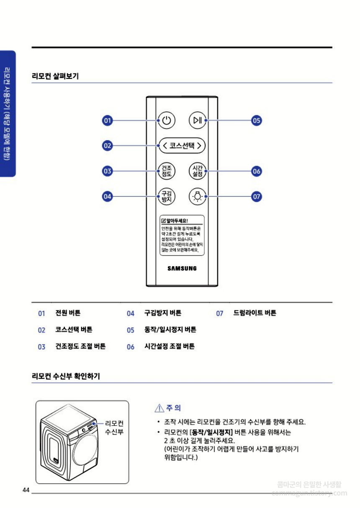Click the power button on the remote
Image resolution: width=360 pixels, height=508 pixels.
pos(167,121)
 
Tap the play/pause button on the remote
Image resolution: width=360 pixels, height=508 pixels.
pos(197,121)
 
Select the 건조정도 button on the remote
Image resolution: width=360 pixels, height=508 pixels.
pos(167,171)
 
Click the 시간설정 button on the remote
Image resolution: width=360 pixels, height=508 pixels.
pos(197,171)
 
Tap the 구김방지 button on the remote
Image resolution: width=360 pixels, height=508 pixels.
pos(167,196)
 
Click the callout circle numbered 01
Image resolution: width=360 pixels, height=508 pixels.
pos(108,121)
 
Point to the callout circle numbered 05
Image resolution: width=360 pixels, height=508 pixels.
pos(256,121)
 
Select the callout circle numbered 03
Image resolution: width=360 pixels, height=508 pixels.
pos(108,171)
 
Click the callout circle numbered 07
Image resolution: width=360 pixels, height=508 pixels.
pos(256,196)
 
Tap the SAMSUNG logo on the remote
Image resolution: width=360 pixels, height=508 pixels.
pos(182,268)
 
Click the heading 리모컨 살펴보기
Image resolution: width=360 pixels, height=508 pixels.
pos(55,76)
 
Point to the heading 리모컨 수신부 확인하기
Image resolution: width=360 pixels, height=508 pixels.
pos(66,376)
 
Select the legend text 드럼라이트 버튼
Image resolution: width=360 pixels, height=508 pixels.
pos(255,313)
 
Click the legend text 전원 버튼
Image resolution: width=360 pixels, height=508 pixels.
pos(68,313)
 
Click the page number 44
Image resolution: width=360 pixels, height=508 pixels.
pos(26,490)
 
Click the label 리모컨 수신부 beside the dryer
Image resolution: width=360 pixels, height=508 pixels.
pos(114,428)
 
